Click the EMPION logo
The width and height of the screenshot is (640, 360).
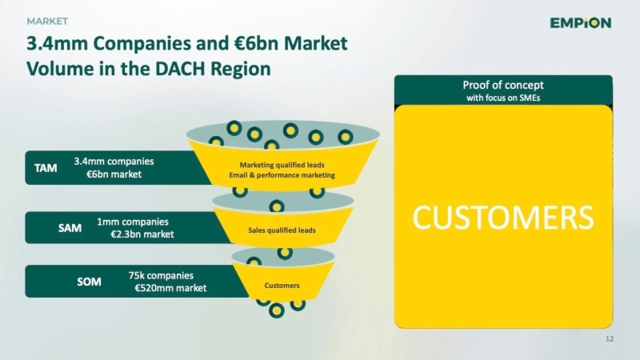(x=580, y=22)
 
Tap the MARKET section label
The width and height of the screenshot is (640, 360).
(x=47, y=20)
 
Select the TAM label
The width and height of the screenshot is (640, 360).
(x=46, y=168)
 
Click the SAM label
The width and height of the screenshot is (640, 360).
(x=70, y=228)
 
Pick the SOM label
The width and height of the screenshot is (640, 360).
(x=88, y=282)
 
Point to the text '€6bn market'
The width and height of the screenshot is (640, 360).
(x=114, y=174)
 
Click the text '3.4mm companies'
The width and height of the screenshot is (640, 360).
(x=114, y=161)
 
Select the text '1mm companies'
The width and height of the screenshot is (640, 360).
(x=133, y=222)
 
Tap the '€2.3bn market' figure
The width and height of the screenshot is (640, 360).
(x=142, y=234)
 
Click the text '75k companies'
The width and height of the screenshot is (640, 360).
(x=161, y=275)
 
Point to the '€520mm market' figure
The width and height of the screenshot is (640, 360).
(x=170, y=288)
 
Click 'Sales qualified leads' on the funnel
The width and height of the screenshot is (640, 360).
(x=282, y=230)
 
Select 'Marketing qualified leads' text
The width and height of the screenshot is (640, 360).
(x=282, y=165)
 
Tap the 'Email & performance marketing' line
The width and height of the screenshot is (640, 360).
(x=282, y=174)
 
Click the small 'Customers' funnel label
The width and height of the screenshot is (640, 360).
(x=282, y=286)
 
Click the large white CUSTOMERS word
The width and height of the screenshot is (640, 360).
(x=503, y=217)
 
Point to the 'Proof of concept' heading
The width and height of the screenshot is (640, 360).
(x=503, y=85)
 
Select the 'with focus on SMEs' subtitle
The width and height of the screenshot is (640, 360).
(x=503, y=98)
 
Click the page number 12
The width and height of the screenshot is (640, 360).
(x=610, y=340)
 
